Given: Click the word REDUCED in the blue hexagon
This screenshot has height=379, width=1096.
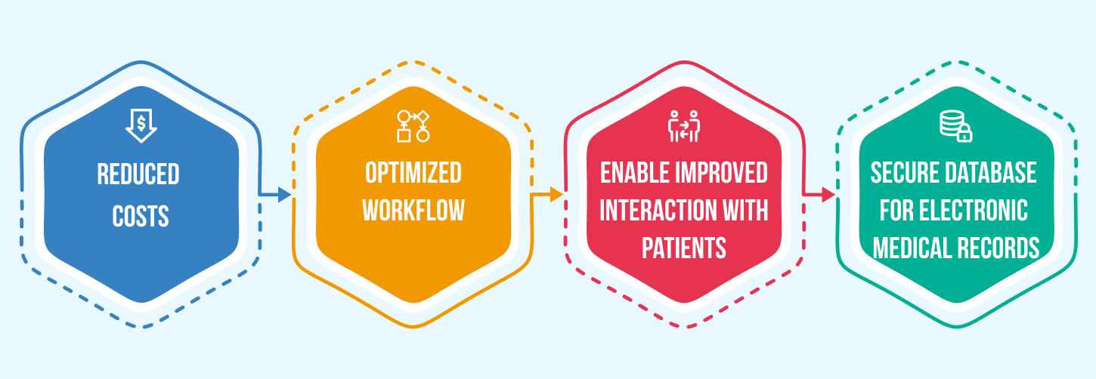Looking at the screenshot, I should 138,175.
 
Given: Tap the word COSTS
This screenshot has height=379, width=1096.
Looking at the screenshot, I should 140,217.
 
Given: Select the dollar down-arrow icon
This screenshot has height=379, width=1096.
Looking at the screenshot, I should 141,126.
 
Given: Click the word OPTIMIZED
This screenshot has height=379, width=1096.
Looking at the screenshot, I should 413,173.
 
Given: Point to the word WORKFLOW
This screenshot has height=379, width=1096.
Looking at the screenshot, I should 413,211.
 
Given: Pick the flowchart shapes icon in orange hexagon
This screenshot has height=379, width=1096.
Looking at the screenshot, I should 413,126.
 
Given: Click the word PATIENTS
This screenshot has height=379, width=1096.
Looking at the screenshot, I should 684,248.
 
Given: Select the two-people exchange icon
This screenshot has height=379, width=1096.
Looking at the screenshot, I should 684,126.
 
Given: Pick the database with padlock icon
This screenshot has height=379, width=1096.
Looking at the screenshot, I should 955,126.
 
